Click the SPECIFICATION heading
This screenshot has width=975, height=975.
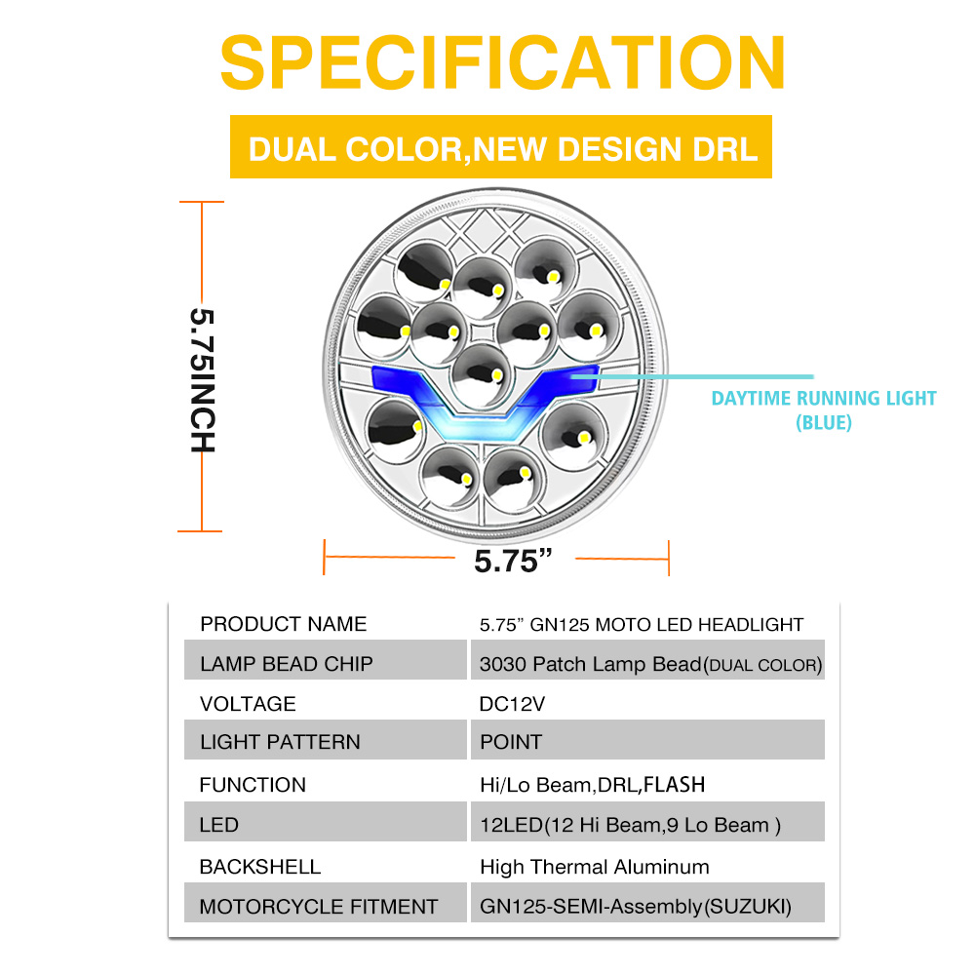(x=502, y=62)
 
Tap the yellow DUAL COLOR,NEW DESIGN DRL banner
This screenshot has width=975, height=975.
(x=501, y=148)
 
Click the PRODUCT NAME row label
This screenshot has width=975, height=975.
(x=283, y=624)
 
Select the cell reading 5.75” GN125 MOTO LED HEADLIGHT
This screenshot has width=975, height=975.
(x=642, y=624)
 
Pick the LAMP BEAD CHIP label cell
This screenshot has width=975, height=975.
(x=287, y=664)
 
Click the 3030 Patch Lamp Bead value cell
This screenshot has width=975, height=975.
(x=650, y=665)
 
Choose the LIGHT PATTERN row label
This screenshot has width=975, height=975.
(x=280, y=742)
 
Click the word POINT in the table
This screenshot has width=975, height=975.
(x=510, y=742)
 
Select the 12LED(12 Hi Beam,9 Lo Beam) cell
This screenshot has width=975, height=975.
(x=630, y=825)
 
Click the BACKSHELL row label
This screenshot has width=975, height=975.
(x=259, y=867)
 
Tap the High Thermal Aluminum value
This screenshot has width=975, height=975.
(x=595, y=867)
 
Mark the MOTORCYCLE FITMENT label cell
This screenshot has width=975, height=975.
(x=318, y=907)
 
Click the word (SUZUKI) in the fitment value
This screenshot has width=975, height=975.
(x=749, y=907)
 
